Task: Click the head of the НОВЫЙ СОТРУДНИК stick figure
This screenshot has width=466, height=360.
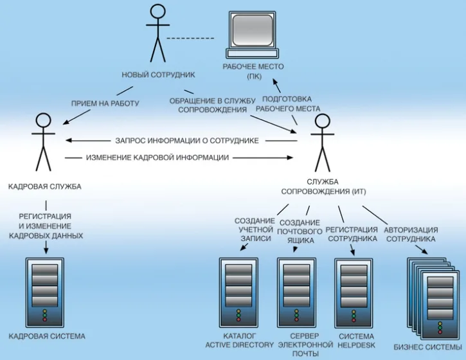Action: [x=157, y=12]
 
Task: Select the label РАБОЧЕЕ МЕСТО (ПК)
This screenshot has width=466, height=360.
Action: [x=253, y=71]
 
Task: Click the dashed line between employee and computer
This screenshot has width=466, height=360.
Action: [x=190, y=39]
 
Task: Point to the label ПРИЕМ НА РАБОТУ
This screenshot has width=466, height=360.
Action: [x=105, y=104]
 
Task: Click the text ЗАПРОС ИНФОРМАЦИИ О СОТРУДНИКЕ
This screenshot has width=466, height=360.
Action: [x=187, y=141]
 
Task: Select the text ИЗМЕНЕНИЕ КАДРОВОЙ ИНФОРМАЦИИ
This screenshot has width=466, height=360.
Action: [x=157, y=157]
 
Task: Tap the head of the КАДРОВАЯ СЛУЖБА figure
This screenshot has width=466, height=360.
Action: [x=44, y=120]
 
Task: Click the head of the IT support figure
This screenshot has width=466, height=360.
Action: [x=323, y=121]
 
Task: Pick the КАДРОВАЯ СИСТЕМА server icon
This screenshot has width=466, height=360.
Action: [x=45, y=292]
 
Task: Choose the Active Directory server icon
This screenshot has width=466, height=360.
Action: [x=238, y=292]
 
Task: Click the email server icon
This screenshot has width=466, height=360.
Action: [x=296, y=292]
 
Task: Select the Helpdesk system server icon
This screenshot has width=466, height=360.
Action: [x=354, y=292]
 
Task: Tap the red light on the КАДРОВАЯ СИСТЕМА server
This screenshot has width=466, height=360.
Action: [x=45, y=319]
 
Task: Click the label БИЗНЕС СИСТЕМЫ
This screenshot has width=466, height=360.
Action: [x=428, y=347]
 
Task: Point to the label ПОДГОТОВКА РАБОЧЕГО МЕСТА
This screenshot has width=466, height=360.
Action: [x=288, y=104]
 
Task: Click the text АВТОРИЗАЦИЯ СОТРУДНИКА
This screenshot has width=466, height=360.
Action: [x=411, y=234]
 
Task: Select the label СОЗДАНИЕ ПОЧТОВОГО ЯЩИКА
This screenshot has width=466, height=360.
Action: [x=300, y=231]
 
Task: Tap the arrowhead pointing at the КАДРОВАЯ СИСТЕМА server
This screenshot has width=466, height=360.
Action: [x=46, y=251]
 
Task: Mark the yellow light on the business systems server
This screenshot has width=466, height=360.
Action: [x=440, y=324]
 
